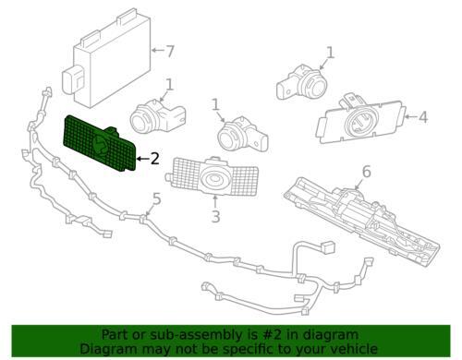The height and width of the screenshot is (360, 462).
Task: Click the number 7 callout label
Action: click(x=169, y=51)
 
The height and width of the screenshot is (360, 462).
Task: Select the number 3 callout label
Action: click(x=214, y=217)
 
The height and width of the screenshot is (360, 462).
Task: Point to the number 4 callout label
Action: click(x=422, y=117)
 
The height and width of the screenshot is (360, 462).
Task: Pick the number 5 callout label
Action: click(x=156, y=198)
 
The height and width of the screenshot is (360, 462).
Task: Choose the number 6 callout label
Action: click(x=366, y=171)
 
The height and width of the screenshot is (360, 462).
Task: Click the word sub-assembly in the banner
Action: click(x=177, y=335)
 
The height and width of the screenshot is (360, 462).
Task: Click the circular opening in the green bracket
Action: click(x=102, y=142)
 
